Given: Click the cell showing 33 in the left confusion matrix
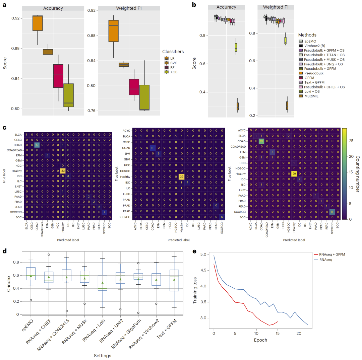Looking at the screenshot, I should [62, 170].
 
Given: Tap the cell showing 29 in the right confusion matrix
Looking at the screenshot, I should [294, 173].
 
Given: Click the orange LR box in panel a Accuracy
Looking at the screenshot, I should [38, 23].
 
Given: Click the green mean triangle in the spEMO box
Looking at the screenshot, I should [31, 276].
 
